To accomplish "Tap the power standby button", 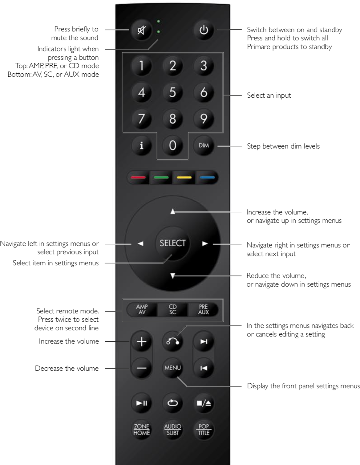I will (204, 30).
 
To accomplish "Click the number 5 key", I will (172, 92).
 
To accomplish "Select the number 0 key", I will (172, 145).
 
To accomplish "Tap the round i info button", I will (141, 145).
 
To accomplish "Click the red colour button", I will (138, 177).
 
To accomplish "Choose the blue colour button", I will (207, 177).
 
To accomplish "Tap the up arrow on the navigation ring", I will (172, 212).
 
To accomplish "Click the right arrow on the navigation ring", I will (205, 243).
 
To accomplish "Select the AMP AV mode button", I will (142, 309).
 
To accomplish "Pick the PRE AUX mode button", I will (203, 309).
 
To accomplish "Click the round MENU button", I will (172, 368).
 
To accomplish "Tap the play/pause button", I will (141, 403).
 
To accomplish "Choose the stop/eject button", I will (204, 403).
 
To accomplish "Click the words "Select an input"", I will (269, 96).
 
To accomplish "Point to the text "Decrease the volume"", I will (67, 369).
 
